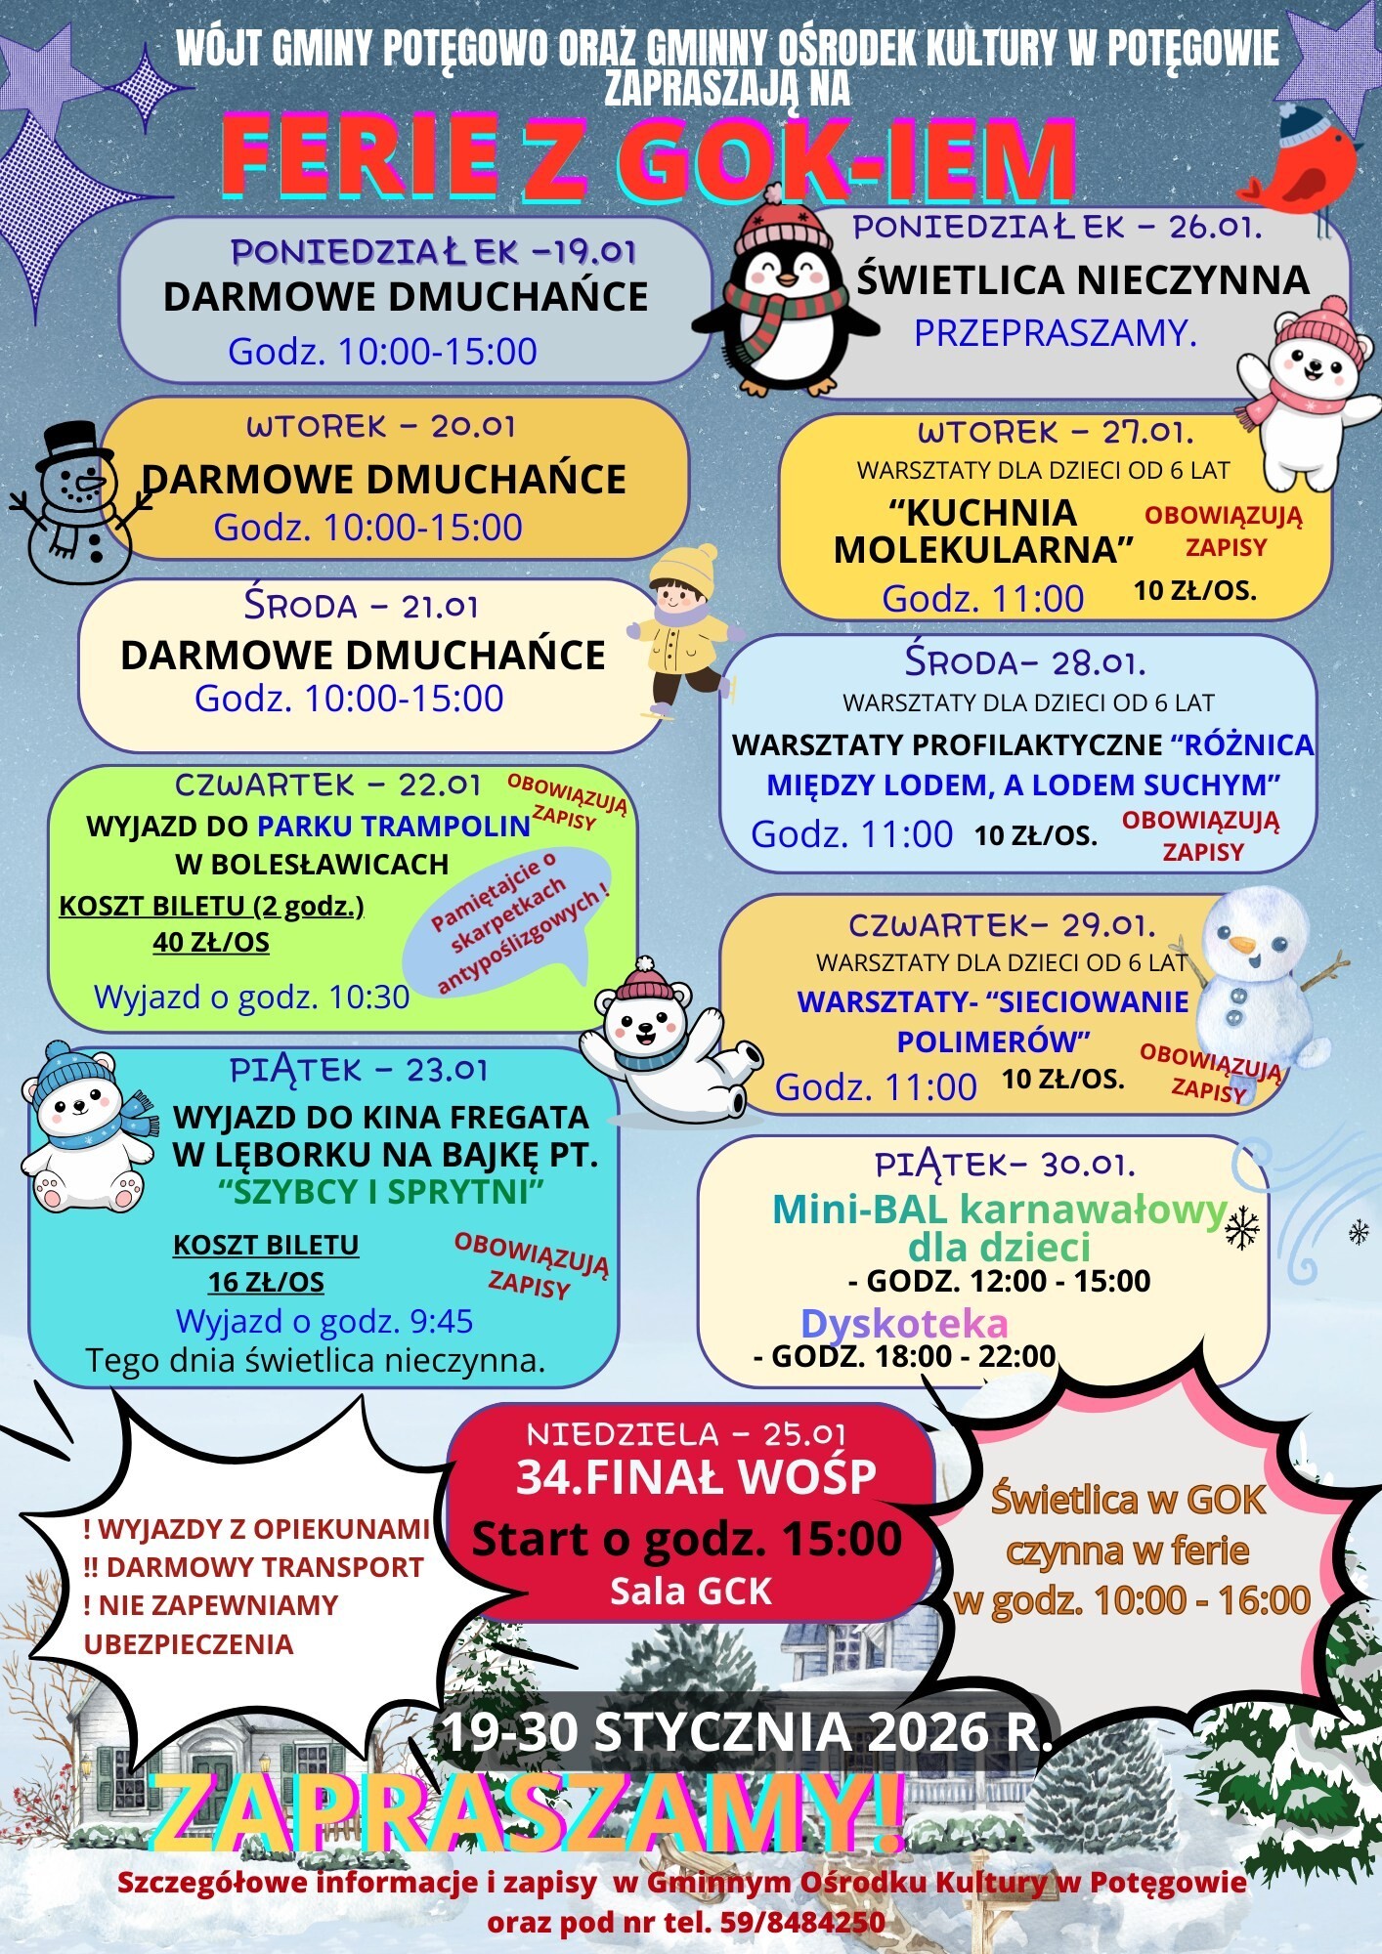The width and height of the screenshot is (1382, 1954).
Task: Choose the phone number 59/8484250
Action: (x=802, y=1922)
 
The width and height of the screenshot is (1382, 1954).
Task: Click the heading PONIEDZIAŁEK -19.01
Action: (x=433, y=252)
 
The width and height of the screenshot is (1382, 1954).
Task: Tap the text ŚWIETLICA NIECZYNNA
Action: (x=1082, y=280)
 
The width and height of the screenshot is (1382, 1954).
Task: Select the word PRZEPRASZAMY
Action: (x=1055, y=333)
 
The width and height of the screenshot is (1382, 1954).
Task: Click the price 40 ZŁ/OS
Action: (x=211, y=942)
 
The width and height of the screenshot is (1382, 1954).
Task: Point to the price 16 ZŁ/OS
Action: (x=266, y=1282)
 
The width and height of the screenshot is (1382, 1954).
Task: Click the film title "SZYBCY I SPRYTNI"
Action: (x=381, y=1192)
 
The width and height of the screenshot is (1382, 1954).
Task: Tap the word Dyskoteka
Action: (x=904, y=1323)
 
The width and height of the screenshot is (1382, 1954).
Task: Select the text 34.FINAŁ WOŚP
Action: (x=696, y=1476)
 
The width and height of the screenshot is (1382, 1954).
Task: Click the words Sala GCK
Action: (x=691, y=1592)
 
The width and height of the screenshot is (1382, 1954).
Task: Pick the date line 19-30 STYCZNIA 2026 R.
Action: (x=748, y=1731)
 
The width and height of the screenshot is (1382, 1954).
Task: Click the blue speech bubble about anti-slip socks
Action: (x=508, y=918)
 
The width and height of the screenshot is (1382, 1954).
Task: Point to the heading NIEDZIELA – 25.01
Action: (x=686, y=1433)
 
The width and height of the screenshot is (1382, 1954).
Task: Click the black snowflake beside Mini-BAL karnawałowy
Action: (x=1242, y=1228)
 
